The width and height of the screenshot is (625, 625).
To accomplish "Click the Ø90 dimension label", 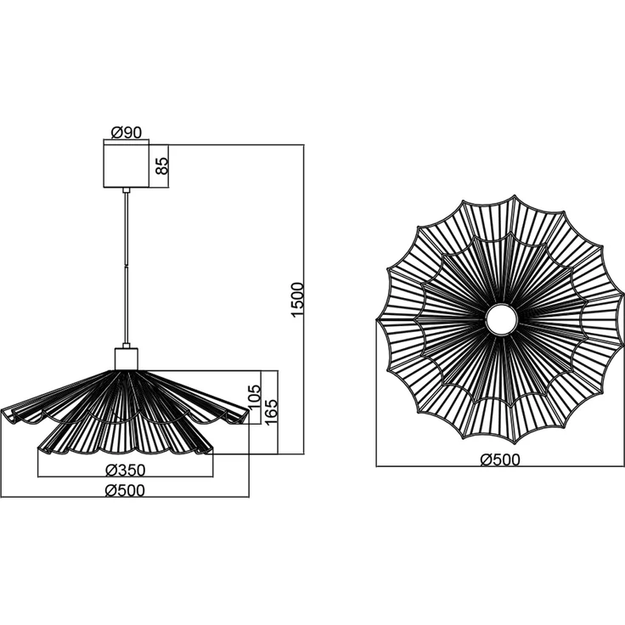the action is click(127, 132).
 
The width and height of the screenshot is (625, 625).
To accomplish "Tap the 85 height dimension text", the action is click(161, 166).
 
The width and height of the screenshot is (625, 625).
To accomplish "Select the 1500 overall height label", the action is click(297, 300).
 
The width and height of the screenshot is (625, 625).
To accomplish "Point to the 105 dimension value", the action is click(254, 397).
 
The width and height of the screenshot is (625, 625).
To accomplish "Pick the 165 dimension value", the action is click(271, 411).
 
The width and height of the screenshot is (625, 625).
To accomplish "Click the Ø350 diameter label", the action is click(125, 470).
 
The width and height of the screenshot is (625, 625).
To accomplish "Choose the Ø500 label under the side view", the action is click(125, 490).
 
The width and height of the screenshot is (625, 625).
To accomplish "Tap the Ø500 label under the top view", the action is click(500, 459).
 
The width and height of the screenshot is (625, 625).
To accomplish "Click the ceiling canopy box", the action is click(126, 166).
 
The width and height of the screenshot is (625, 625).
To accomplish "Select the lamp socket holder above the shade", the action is click(127, 359).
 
